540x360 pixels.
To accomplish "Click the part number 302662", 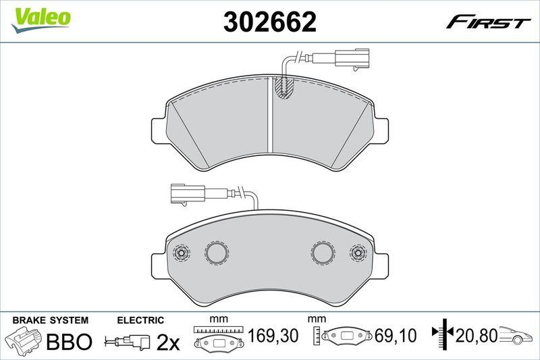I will [269, 22].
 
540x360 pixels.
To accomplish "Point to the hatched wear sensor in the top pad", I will [283, 88].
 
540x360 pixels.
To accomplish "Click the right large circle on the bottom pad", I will [323, 253].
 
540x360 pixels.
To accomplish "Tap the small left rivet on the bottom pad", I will [181, 253].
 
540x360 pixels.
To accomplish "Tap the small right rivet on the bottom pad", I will [358, 253].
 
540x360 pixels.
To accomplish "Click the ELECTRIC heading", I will [140, 319].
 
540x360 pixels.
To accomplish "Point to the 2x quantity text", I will [167, 342].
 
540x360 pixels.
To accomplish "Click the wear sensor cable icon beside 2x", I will [128, 342].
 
